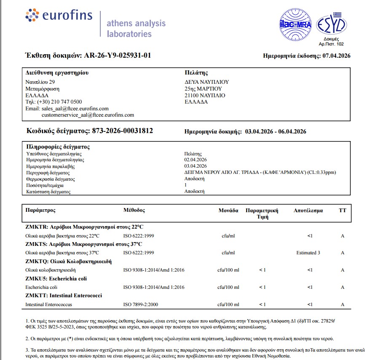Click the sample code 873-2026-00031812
coord(122,131)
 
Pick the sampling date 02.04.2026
coord(196,160)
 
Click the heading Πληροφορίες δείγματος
coord(58,147)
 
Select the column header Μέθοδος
coord(134,210)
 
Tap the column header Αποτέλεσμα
coord(308,210)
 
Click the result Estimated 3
coord(308,253)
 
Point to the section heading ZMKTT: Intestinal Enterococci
coord(63,296)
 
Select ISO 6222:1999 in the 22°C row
coord(138,235)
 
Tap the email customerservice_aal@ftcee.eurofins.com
coord(88,115)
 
